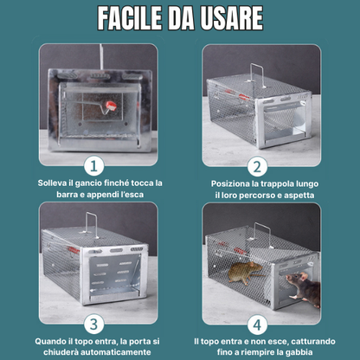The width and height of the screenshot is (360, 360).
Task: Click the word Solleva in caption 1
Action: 54,183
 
